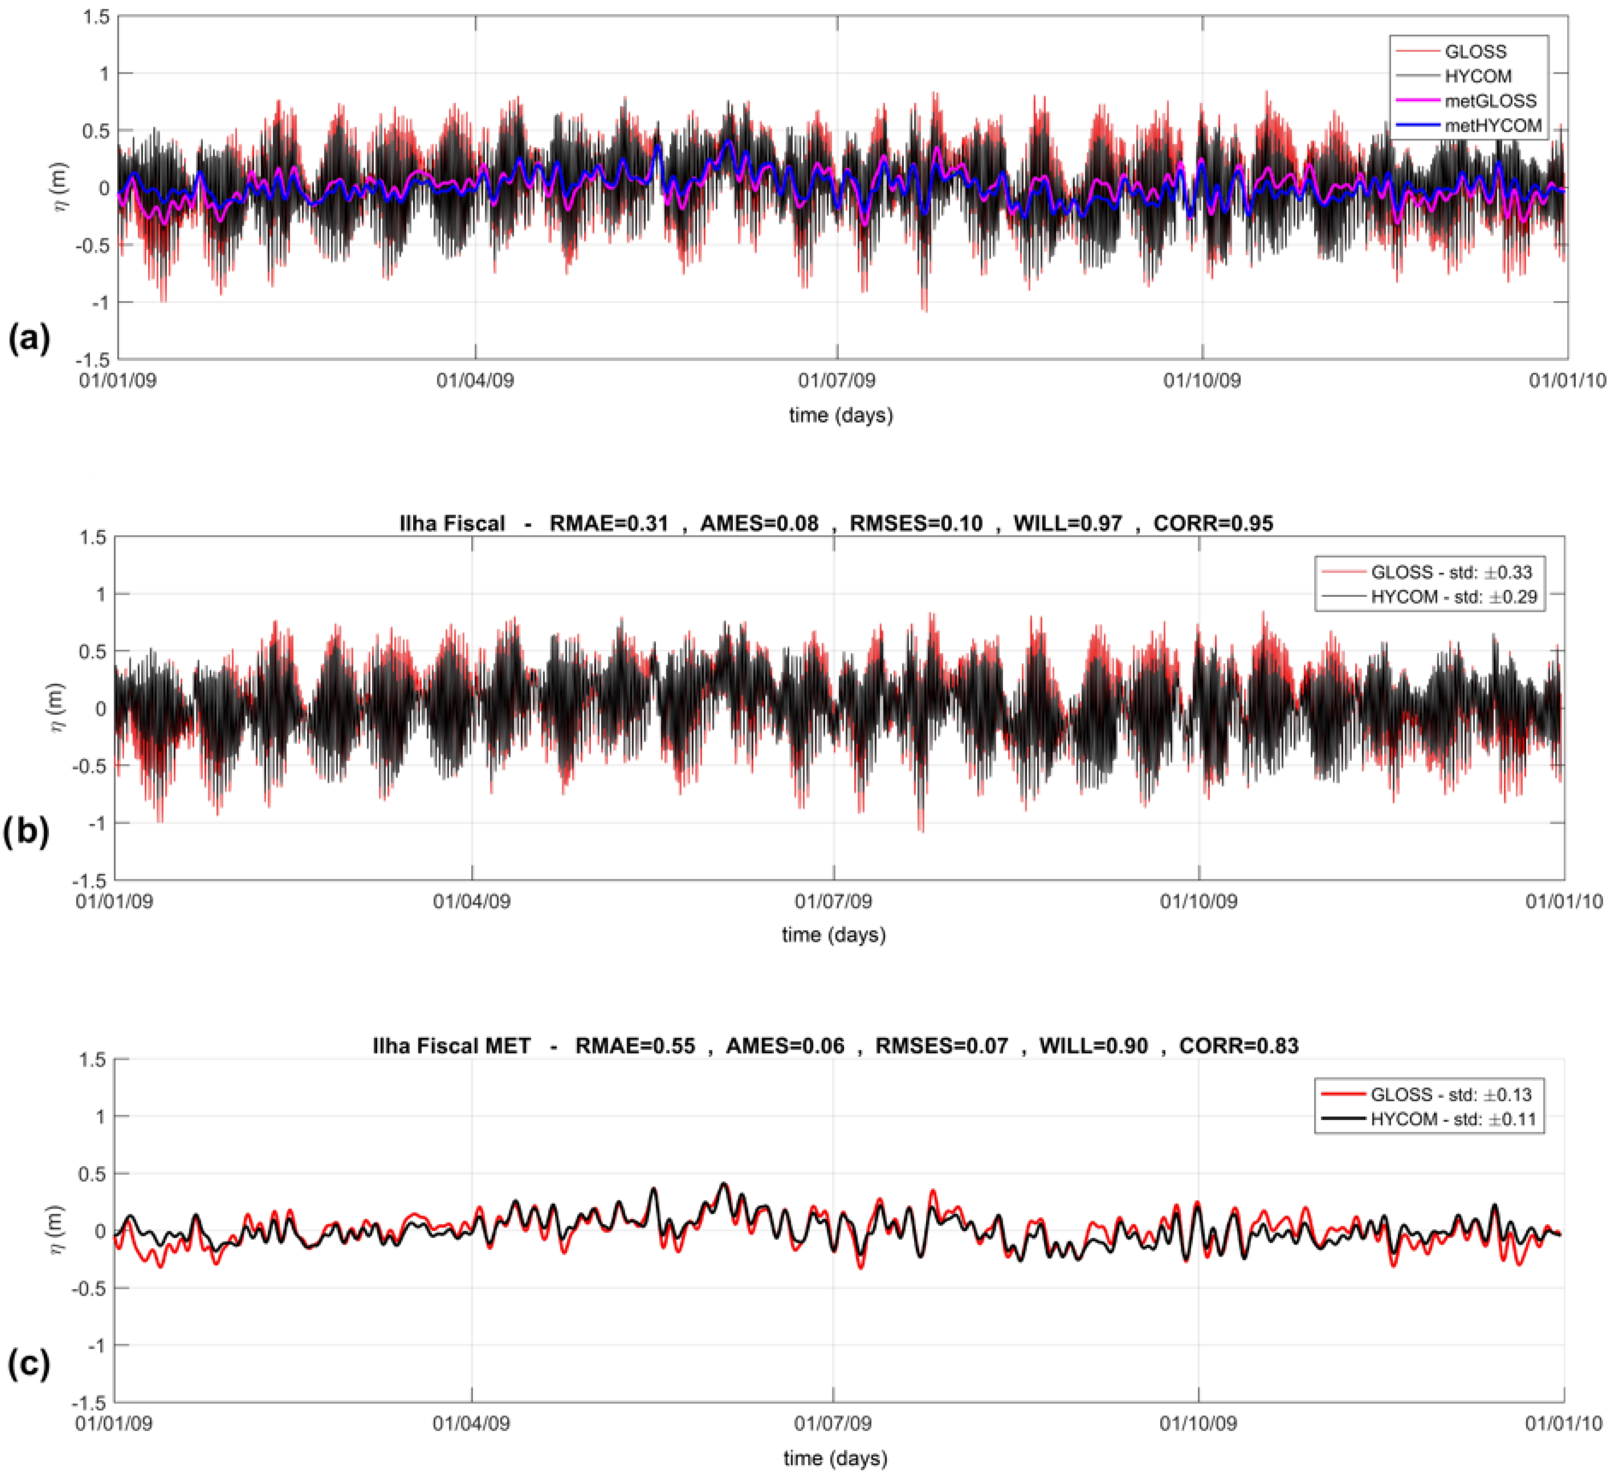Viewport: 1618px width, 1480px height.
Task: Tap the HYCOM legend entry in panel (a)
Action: pos(1478,76)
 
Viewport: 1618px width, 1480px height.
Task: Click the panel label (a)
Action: pos(29,338)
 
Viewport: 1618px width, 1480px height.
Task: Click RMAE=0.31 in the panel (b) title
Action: pos(608,524)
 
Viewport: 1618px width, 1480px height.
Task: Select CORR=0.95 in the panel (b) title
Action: pos(1213,524)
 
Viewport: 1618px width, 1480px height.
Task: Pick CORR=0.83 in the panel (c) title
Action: pos(1238,1046)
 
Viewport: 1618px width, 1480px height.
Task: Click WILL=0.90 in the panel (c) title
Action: pos(1093,1046)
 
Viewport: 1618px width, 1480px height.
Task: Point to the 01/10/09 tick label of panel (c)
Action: pos(1198,1423)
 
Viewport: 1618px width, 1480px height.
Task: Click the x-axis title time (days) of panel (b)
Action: pos(834,935)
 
